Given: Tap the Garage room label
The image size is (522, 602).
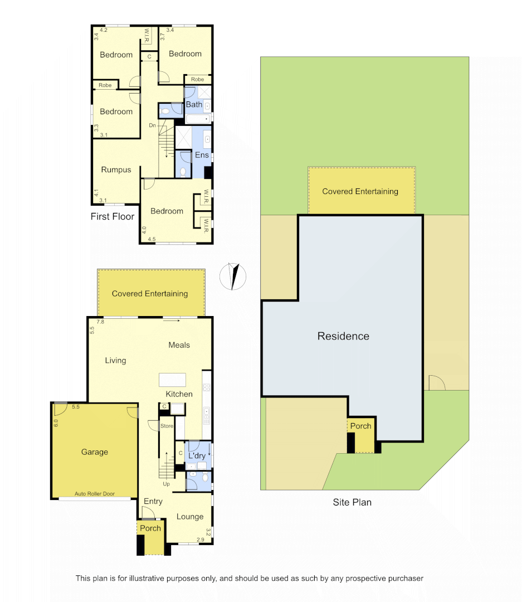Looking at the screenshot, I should pyautogui.click(x=95, y=452).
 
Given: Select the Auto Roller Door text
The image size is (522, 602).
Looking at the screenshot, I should pyautogui.click(x=95, y=494).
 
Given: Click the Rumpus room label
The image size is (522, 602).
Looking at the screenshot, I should pyautogui.click(x=116, y=170).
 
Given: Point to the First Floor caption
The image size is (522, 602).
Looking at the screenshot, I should pyautogui.click(x=113, y=216).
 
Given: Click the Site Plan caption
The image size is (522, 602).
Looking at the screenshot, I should pyautogui.click(x=352, y=502).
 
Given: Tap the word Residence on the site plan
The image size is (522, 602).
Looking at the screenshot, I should pyautogui.click(x=343, y=336).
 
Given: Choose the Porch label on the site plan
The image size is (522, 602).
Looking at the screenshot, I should pyautogui.click(x=360, y=426).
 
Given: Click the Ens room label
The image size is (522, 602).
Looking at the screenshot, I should pyautogui.click(x=202, y=155).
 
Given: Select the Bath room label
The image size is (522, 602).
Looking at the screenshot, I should pyautogui.click(x=194, y=105).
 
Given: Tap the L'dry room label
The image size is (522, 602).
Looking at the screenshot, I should pyautogui.click(x=197, y=455).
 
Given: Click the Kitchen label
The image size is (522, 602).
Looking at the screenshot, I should pyautogui.click(x=179, y=394).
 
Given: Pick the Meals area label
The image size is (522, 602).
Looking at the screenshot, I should pyautogui.click(x=179, y=345).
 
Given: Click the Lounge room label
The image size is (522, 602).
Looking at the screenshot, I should pyautogui.click(x=190, y=517).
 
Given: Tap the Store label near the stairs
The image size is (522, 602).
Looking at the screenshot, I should pyautogui.click(x=167, y=426).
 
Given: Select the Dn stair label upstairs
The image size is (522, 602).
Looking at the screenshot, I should pyautogui.click(x=152, y=125).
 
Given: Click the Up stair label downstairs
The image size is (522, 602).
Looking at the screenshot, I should pyautogui.click(x=166, y=484).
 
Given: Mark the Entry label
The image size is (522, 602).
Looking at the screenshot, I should pyautogui.click(x=153, y=502).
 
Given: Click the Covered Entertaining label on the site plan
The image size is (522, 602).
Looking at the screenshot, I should pyautogui.click(x=360, y=191).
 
